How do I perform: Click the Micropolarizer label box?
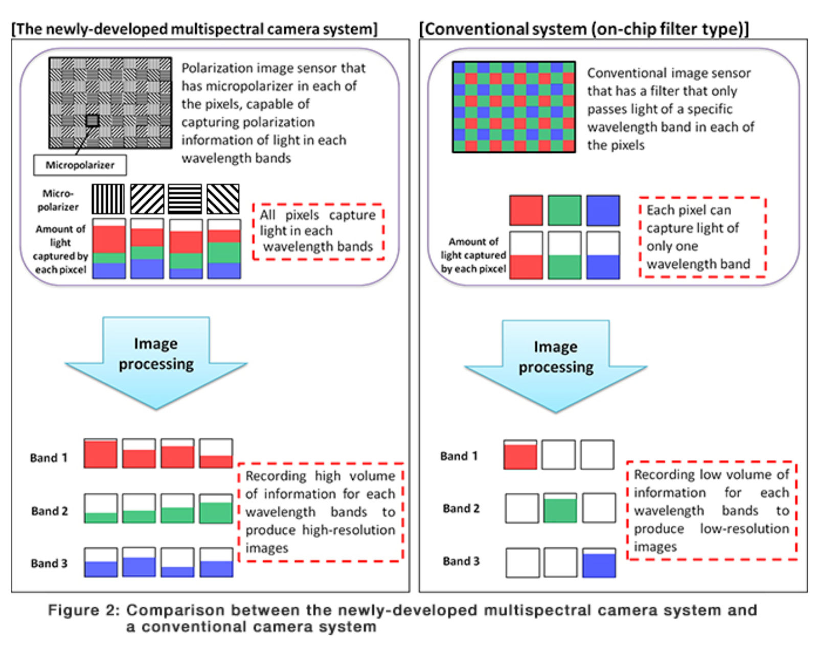pos(80,165)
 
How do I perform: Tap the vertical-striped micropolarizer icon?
pos(108,199)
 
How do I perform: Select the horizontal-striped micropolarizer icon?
pos(185,199)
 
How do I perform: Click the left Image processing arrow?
pos(156,363)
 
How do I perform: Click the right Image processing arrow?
pos(556,366)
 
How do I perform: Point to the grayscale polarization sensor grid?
pos(110,103)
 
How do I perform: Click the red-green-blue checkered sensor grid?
pos(514,107)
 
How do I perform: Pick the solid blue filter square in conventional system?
pos(603,211)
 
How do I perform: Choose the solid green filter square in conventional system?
pos(564,211)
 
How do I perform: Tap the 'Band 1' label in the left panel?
pos(49,458)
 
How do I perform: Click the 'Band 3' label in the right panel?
pos(461,561)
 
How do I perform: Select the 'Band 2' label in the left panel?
pos(50,511)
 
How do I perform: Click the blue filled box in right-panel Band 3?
pos(599,563)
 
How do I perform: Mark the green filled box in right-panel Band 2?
pos(560,508)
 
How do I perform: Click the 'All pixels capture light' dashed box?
pos(318,232)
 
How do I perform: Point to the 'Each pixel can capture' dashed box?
pos(703,237)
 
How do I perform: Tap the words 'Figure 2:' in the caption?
pos(84,610)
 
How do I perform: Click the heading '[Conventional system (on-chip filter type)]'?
pos(584,29)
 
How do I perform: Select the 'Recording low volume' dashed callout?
pos(712,510)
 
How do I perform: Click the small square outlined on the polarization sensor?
pos(93,121)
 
